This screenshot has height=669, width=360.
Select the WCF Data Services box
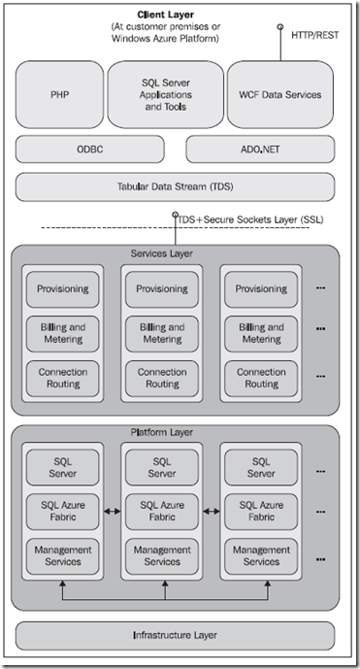click(x=279, y=95)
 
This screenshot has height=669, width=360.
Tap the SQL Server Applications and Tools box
click(x=164, y=95)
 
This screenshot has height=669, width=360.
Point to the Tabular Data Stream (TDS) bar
click(x=175, y=186)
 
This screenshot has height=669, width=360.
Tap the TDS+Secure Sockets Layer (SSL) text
click(x=249, y=219)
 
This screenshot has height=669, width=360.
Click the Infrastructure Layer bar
click(x=175, y=636)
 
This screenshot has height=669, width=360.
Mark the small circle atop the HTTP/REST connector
click(x=281, y=27)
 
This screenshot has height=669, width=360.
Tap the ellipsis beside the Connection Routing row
click(x=321, y=377)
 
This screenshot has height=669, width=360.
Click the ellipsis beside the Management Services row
click(x=321, y=556)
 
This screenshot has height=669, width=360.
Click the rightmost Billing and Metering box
click(x=261, y=333)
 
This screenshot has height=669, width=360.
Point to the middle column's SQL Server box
click(x=161, y=467)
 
